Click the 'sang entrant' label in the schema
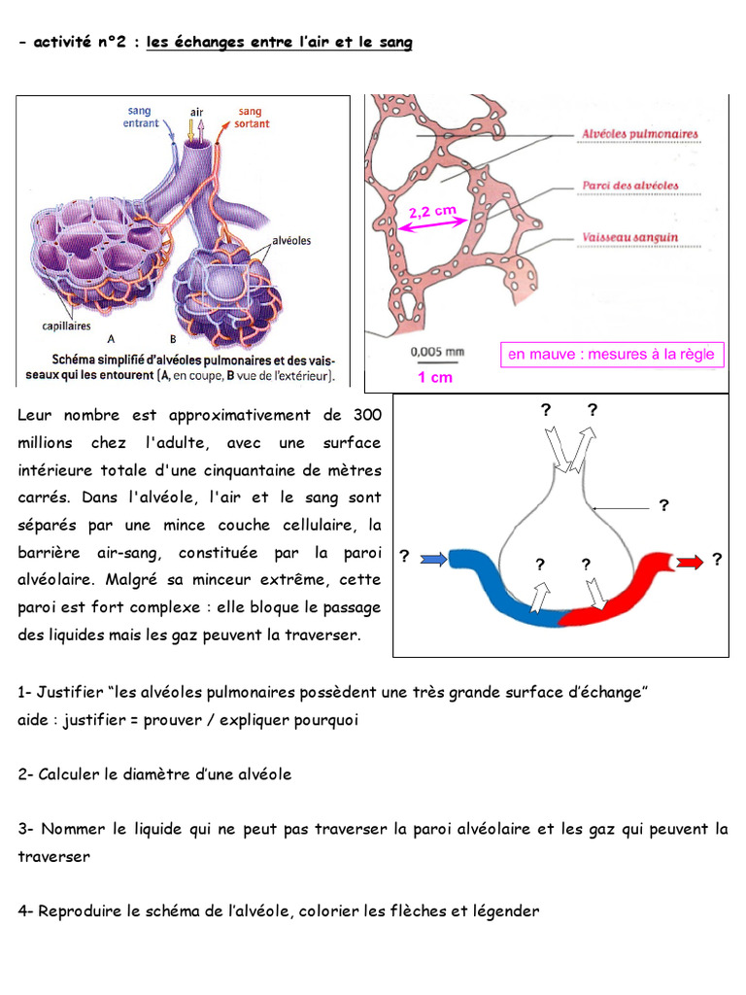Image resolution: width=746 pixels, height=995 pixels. coord(141,117)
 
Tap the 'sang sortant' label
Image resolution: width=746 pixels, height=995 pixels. coord(252,118)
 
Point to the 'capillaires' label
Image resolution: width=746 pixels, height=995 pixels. coord(67,326)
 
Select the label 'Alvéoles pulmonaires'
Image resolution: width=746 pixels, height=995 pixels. coord(640,134)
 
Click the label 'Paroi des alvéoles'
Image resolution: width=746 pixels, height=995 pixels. coord(629,186)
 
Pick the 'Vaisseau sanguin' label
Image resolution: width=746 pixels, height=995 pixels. coord(629,237)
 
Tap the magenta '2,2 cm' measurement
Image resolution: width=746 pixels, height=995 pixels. coord(432,211)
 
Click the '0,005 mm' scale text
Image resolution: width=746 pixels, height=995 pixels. coord(437,352)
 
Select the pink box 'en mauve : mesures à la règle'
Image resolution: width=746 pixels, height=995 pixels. coord(612,354)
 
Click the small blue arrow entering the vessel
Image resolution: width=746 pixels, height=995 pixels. coord(434,560)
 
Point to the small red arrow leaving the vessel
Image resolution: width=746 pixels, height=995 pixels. coord(690,563)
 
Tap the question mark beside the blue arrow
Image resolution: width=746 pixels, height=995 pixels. coord(405,557)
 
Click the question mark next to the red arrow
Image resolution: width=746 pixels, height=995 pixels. coord(717,559)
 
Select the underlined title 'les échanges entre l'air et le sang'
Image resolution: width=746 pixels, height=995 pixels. coord(279,43)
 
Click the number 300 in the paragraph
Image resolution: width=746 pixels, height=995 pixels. coord(367,415)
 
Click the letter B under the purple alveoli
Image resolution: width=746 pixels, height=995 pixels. coord(173,339)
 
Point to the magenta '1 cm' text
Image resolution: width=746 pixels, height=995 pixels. coord(435,378)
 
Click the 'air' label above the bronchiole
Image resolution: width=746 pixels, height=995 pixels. coord(196,113)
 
